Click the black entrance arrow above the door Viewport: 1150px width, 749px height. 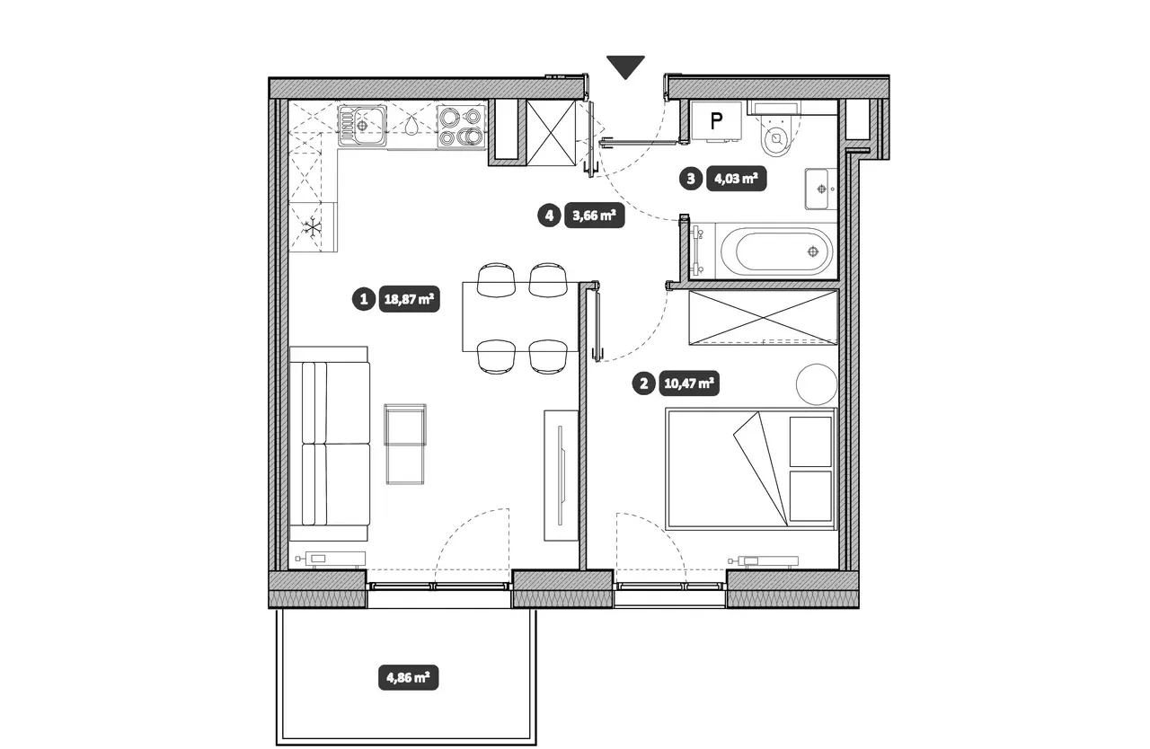tap(625, 66)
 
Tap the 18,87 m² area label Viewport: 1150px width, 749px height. tap(409, 299)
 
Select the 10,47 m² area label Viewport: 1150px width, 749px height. tap(689, 383)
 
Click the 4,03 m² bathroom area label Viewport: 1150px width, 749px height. tap(736, 179)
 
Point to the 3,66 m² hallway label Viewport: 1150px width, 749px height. tap(594, 216)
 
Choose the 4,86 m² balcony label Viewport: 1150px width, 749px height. tap(408, 678)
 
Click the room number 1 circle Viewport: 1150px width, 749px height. tap(364, 299)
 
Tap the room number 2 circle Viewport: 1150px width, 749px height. tap(644, 383)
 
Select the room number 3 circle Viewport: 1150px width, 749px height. tap(691, 179)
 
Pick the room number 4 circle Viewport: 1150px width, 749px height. tap(549, 216)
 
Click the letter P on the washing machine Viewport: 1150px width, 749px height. tap(716, 121)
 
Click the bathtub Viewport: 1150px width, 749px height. tap(776, 251)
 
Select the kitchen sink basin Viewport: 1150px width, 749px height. tap(363, 125)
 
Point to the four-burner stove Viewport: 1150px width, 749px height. tap(461, 127)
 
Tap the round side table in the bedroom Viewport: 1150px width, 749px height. tap(817, 384)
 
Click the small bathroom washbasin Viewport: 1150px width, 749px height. tap(821, 189)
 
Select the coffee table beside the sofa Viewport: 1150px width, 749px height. tap(405, 444)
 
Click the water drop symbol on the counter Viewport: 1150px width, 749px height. tap(411, 126)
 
